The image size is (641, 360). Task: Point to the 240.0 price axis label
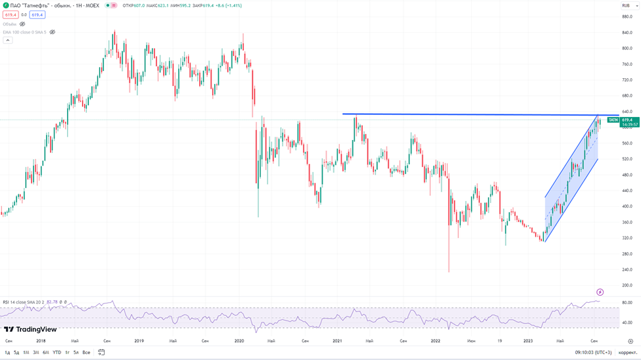click(627, 269)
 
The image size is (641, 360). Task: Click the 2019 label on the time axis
click(139, 341)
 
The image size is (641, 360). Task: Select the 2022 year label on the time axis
click(435, 341)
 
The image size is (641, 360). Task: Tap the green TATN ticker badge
click(613, 120)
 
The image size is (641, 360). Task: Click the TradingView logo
click(30, 330)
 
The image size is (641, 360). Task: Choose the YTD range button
click(57, 353)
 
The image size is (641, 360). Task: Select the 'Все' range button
click(86, 353)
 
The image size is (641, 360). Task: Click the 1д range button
click(7, 353)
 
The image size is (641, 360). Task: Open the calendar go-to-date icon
click(102, 353)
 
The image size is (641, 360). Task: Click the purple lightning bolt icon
click(600, 292)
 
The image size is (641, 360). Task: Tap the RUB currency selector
click(627, 5)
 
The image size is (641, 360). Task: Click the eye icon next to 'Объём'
click(22, 24)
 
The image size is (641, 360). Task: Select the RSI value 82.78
click(53, 302)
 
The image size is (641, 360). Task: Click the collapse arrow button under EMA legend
click(8, 40)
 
